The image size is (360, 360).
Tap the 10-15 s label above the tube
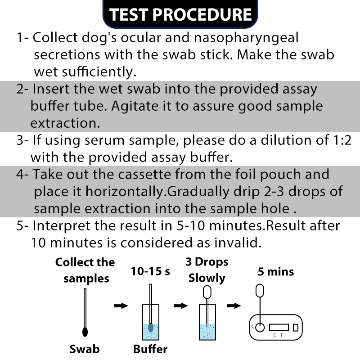pyautogui.click(x=150, y=272)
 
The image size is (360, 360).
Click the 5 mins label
pyautogui.click(x=276, y=272)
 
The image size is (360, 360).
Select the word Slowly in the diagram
pyautogui.click(x=207, y=278)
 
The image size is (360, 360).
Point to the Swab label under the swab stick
pyautogui.click(x=85, y=349)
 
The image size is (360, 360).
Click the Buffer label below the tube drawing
pyautogui.click(x=150, y=349)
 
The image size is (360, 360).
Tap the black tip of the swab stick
pyautogui.click(x=85, y=332)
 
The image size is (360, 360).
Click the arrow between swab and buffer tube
pyautogui.click(x=121, y=306)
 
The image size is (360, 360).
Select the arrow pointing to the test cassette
pyautogui.click(x=234, y=306)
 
